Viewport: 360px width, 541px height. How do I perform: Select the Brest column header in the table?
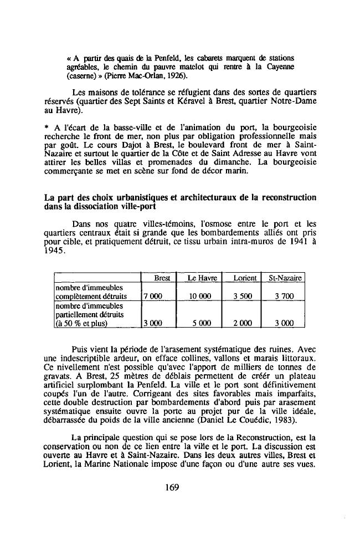coord(161,278)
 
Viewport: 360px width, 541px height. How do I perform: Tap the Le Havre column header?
coord(200,278)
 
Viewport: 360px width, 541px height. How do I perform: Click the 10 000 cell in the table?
coord(200,297)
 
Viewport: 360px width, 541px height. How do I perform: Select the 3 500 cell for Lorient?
coord(243,297)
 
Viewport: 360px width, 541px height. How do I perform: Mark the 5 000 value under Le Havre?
coord(200,324)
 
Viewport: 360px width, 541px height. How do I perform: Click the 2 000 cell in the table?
coord(243,324)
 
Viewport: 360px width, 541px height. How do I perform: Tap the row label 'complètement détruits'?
coord(91,297)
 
